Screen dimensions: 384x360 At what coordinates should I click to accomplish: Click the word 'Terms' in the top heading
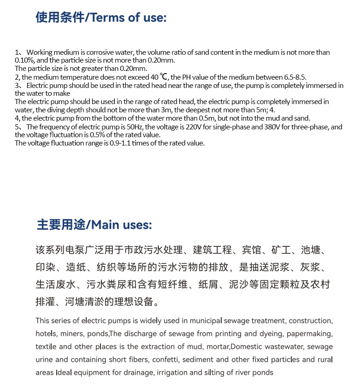pyautogui.click(x=107, y=17)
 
